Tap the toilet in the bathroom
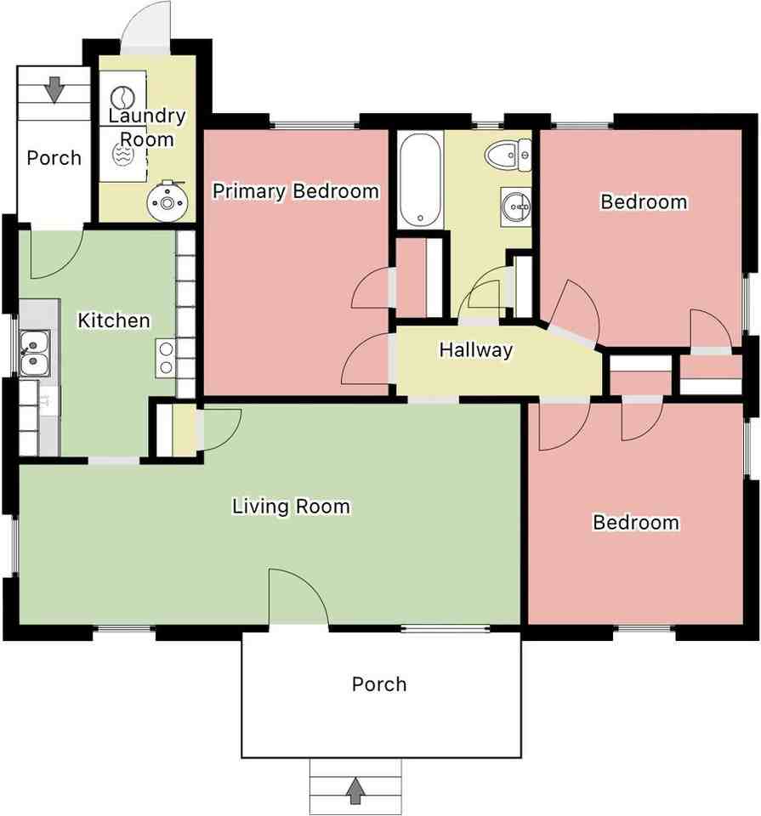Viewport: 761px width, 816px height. click(x=508, y=155)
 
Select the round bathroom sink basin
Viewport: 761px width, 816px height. click(x=514, y=205)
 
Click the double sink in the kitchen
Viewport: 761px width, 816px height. click(x=34, y=354)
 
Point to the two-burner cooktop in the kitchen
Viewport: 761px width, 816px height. click(x=165, y=358)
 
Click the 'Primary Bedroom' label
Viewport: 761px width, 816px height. click(x=295, y=190)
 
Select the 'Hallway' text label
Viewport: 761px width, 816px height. click(x=475, y=349)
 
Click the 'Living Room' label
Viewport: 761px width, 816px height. click(x=291, y=507)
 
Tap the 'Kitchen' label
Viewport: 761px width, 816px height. click(x=114, y=320)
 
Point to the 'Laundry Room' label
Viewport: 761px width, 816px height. click(x=147, y=127)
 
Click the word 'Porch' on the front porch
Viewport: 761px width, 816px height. click(x=379, y=684)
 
